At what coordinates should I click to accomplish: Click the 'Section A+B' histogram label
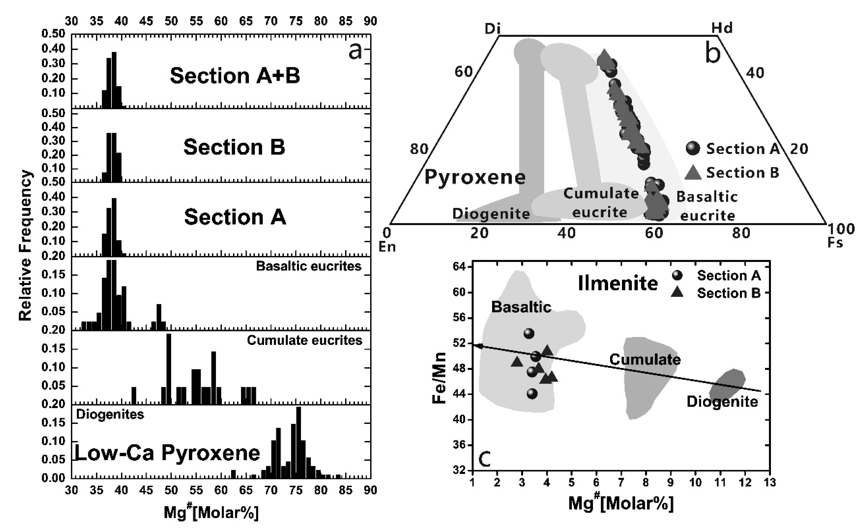click(x=235, y=76)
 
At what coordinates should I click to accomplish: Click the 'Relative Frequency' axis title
click(x=25, y=245)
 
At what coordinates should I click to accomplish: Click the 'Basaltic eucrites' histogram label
click(x=309, y=266)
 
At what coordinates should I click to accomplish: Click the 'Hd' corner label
click(x=722, y=28)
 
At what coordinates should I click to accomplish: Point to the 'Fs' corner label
click(x=835, y=243)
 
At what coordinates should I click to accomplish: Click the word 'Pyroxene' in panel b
click(x=475, y=177)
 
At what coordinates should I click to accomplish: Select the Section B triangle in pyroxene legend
click(x=693, y=173)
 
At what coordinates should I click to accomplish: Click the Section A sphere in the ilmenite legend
click(x=677, y=275)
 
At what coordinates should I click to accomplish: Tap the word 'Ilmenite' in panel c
click(x=618, y=283)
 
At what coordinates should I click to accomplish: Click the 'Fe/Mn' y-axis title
click(x=439, y=378)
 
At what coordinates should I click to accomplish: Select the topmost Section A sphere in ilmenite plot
click(x=529, y=333)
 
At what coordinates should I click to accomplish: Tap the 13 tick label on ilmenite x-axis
click(x=770, y=482)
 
